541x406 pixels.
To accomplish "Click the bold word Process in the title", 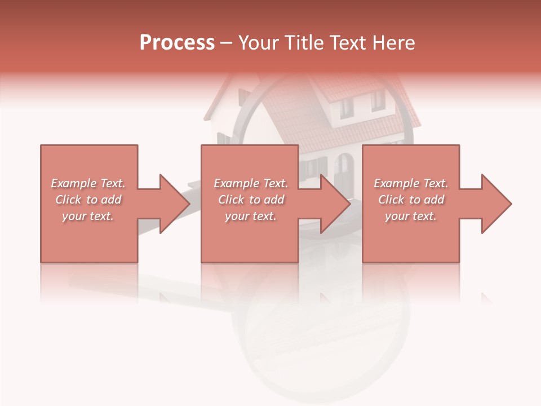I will pos(177,43).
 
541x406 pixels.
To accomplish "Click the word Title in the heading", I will pos(303,43).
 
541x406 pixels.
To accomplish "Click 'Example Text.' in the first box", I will pos(88,183).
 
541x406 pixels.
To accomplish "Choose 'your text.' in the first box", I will pos(88,216).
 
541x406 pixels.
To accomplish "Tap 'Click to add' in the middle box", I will pos(251,200).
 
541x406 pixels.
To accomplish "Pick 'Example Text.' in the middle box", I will pos(251,183).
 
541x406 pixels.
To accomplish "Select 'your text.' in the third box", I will pos(411,216).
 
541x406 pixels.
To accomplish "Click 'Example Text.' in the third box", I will pos(411,183).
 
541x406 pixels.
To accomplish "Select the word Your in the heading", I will pos(258,43).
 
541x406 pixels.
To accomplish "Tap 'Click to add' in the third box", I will pos(411,200).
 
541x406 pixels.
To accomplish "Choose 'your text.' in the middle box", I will pos(251,216).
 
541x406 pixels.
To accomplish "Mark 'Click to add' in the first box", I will pos(88,200).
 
